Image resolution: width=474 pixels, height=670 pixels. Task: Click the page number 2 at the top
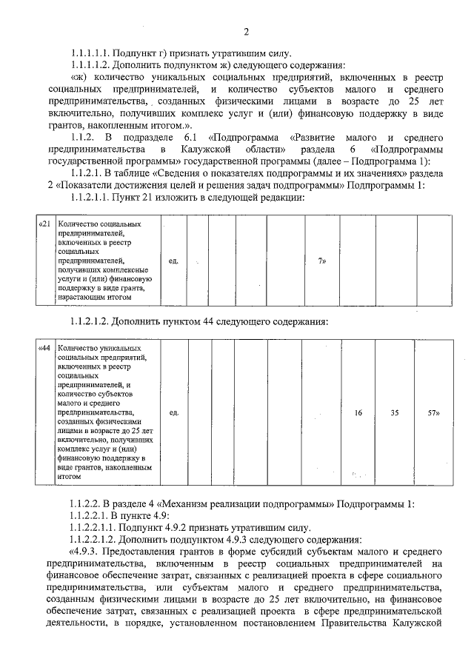[x=246, y=31]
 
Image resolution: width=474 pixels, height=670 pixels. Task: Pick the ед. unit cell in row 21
[x=173, y=261]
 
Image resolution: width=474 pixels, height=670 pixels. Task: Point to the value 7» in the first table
[x=321, y=261]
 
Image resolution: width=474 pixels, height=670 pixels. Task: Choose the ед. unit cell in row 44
[x=173, y=412]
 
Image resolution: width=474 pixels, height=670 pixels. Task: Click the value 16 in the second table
[x=358, y=412]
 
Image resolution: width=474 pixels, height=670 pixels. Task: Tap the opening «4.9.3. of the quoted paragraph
[x=87, y=551]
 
